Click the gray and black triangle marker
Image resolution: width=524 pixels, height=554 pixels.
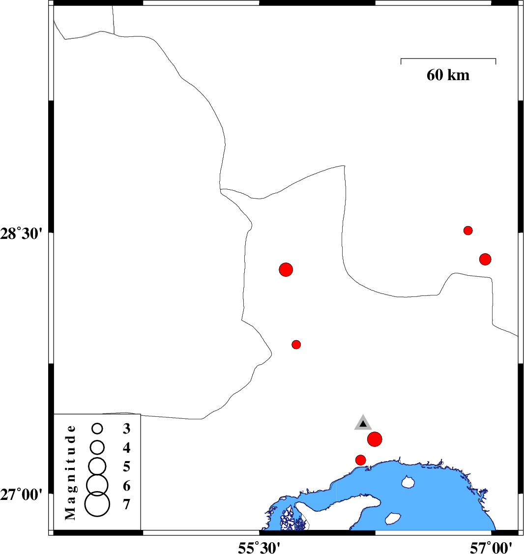(x=363, y=423)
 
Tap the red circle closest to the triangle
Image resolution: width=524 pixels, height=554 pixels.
(x=375, y=439)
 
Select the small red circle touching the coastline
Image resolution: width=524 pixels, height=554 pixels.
(x=360, y=460)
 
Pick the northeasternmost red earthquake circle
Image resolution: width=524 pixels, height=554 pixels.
(x=468, y=231)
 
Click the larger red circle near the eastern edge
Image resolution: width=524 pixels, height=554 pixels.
(x=485, y=260)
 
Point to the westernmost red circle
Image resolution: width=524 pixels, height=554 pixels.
(x=286, y=269)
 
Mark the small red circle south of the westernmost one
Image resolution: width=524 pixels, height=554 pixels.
(x=296, y=345)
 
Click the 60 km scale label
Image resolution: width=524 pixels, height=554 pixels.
(x=448, y=75)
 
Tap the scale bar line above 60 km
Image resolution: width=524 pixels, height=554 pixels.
(x=448, y=58)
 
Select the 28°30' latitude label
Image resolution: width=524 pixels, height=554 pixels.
(x=21, y=233)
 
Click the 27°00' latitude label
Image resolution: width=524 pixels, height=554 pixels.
(x=21, y=495)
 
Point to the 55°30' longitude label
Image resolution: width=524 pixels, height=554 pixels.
(x=259, y=548)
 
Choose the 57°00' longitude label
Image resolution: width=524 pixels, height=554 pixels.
(x=491, y=548)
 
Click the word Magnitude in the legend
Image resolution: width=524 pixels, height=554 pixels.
(x=71, y=473)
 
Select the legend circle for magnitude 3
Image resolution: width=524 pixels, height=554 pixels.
(x=97, y=429)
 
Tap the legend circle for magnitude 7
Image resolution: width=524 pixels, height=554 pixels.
(x=97, y=504)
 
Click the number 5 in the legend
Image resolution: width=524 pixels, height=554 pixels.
(x=126, y=467)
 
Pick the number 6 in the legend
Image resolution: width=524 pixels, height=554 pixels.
(x=126, y=486)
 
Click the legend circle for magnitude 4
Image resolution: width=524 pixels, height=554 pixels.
(x=97, y=447)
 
